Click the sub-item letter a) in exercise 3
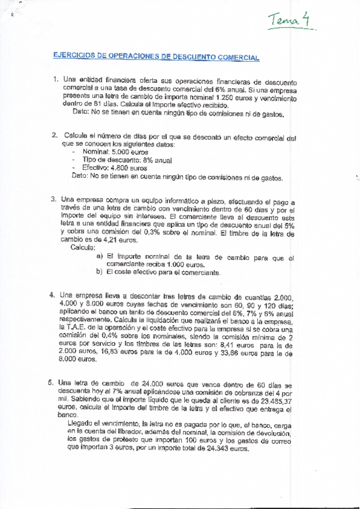(x=100, y=257)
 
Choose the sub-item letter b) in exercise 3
(x=100, y=273)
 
